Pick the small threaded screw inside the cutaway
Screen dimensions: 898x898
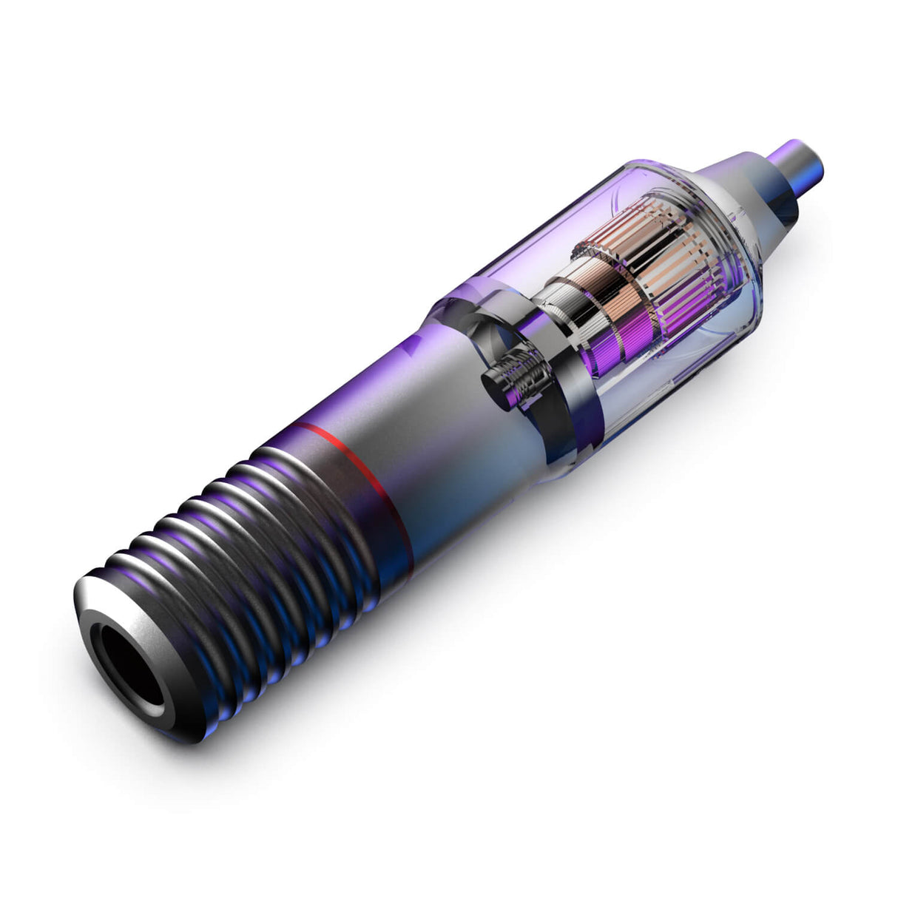click(518, 377)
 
